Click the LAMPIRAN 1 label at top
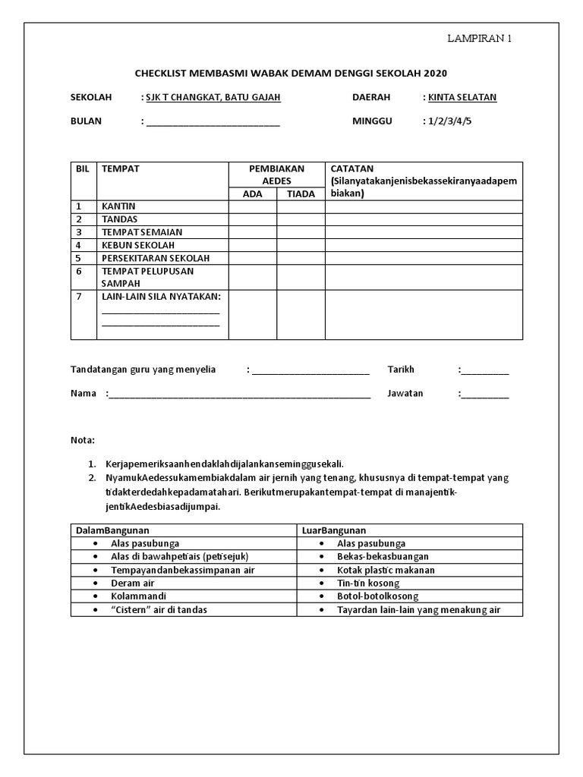point(479,39)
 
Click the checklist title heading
point(291,74)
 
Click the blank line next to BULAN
point(213,122)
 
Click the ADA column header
point(252,194)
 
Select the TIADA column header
point(301,194)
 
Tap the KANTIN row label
point(118,206)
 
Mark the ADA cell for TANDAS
point(252,219)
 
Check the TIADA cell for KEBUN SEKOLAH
point(301,245)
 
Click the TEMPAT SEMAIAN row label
point(142,232)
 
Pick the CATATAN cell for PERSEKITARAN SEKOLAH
point(424,258)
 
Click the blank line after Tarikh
point(485,371)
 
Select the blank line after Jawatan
point(485,395)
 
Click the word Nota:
point(83,440)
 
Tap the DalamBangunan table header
point(112,530)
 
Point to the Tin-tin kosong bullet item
point(368,584)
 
